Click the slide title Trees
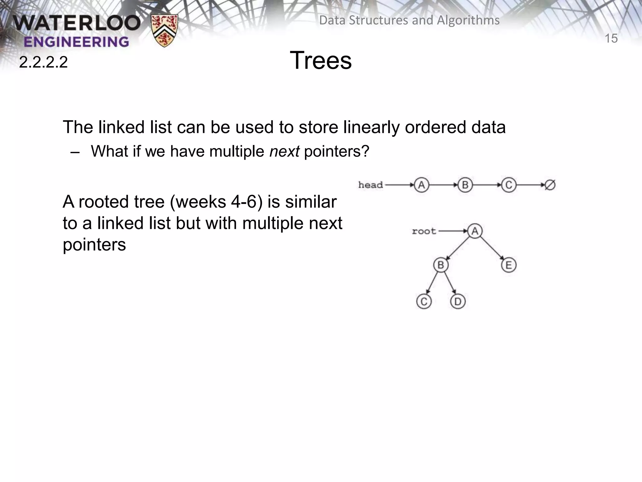point(321,60)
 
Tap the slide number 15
point(611,39)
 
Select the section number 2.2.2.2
point(43,62)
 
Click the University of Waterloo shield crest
point(164,30)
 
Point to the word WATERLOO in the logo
point(77,24)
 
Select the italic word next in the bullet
point(284,152)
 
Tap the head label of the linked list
point(371,185)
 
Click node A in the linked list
point(421,185)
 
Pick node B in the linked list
point(465,185)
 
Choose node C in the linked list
point(508,185)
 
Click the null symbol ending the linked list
point(550,185)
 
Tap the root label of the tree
point(424,231)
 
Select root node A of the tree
point(475,231)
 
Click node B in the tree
point(441,265)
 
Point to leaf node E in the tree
point(508,265)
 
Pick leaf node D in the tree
point(458,302)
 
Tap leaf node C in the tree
point(424,302)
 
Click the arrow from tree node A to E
point(492,248)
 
